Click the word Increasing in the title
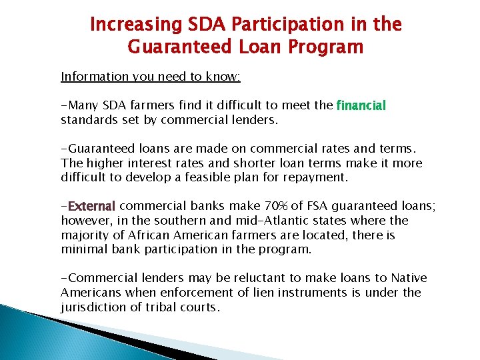pos(126,25)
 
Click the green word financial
pos(361,105)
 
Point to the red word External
pos(92,206)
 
